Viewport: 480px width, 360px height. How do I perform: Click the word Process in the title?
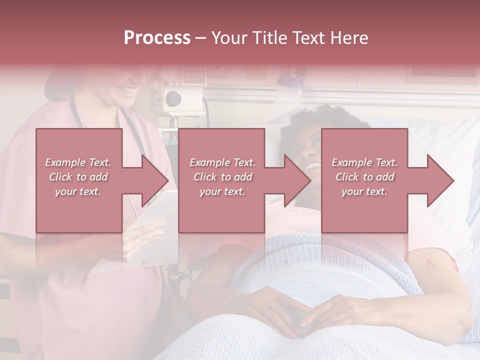(x=157, y=38)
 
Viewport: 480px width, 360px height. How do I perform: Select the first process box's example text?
(x=78, y=177)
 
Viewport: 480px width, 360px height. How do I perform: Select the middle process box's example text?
(x=222, y=177)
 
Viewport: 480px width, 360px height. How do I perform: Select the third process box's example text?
(x=364, y=177)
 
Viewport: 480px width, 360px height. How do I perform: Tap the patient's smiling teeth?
(x=314, y=166)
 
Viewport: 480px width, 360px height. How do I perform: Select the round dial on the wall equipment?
(x=173, y=97)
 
